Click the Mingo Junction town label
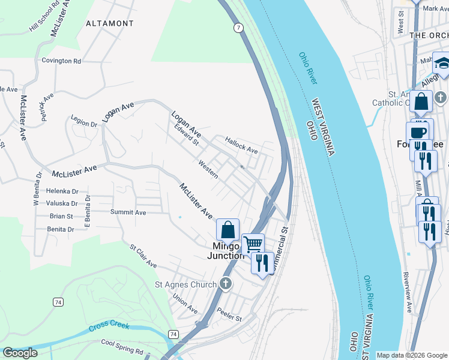coord(226,251)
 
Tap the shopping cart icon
coord(253,244)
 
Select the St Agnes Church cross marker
coord(225,283)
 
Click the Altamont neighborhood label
coord(109,23)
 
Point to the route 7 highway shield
coord(239,28)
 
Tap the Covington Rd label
coord(61,61)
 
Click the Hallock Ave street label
coord(241,145)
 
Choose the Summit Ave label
coord(128,212)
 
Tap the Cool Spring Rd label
coord(122,346)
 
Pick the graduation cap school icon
coord(442,63)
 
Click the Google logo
coord(20,353)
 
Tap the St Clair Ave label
coord(143,256)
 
